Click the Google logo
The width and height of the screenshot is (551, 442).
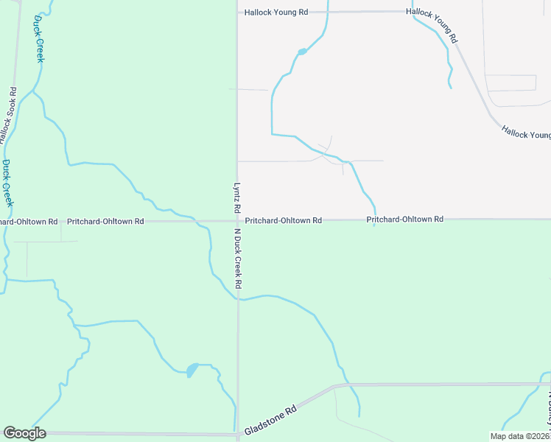click(x=24, y=433)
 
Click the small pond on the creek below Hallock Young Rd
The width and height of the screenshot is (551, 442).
click(x=302, y=52)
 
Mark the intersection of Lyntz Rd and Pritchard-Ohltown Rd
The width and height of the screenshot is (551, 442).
click(x=237, y=220)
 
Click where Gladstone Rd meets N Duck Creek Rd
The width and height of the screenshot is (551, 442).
click(x=237, y=435)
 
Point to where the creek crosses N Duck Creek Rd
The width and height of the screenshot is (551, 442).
click(x=238, y=298)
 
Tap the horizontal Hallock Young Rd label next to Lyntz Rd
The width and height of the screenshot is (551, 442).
click(x=276, y=13)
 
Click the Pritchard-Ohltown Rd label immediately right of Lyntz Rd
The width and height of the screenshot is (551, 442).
click(x=284, y=220)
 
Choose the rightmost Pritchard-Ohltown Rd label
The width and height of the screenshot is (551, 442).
click(x=404, y=220)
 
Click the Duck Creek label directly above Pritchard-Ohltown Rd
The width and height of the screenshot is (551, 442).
click(x=7, y=183)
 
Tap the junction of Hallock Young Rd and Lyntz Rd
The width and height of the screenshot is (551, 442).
click(x=237, y=13)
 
